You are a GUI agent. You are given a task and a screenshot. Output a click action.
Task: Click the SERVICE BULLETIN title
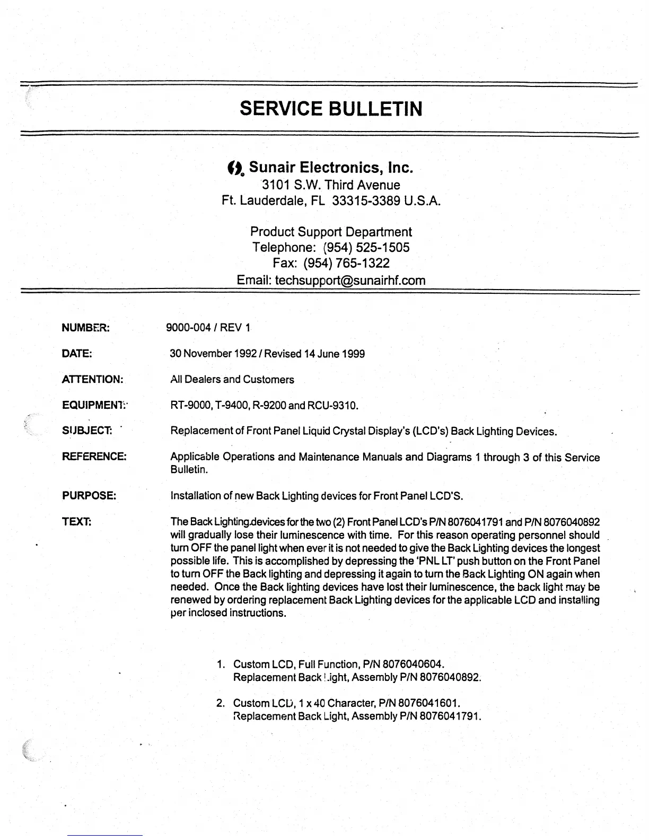331,109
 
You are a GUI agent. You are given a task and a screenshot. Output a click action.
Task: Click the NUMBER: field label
85,328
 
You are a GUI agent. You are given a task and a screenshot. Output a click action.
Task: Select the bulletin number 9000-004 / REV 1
208,328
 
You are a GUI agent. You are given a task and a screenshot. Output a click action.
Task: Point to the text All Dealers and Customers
232,380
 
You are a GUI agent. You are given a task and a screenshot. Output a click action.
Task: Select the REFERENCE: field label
94,457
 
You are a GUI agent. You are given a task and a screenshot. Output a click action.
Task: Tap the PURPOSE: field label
89,496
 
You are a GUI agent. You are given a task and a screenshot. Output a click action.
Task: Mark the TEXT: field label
77,522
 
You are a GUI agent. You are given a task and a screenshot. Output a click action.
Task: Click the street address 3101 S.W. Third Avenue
331,185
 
